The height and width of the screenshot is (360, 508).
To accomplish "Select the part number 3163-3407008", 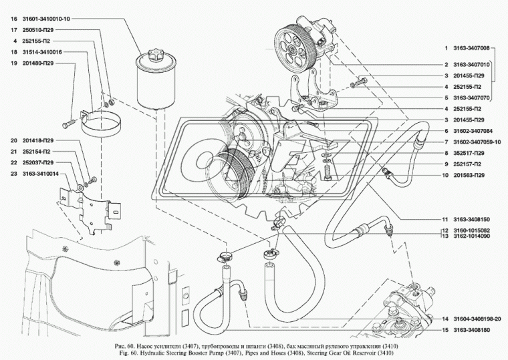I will pyautogui.click(x=471, y=48).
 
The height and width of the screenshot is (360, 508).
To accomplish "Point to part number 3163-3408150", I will pyautogui.click(x=471, y=219).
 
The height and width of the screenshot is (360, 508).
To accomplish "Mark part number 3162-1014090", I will pyautogui.click(x=471, y=236).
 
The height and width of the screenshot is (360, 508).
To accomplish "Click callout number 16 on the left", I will pyautogui.click(x=14, y=19).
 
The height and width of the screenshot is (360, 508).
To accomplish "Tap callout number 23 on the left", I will pyautogui.click(x=14, y=173).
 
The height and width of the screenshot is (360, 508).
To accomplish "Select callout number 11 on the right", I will pyautogui.click(x=444, y=219).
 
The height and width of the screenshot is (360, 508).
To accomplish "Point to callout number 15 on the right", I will pyautogui.click(x=444, y=329).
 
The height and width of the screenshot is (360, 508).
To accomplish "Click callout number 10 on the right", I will pyautogui.click(x=444, y=175).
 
